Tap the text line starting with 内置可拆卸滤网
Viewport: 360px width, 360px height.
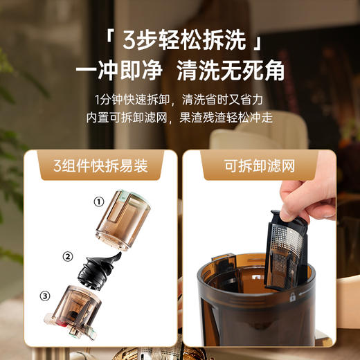click(180, 117)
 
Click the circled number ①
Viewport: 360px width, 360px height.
click(99, 202)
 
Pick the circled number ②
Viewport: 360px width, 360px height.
click(67, 256)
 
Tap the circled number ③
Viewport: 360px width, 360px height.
click(45, 296)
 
